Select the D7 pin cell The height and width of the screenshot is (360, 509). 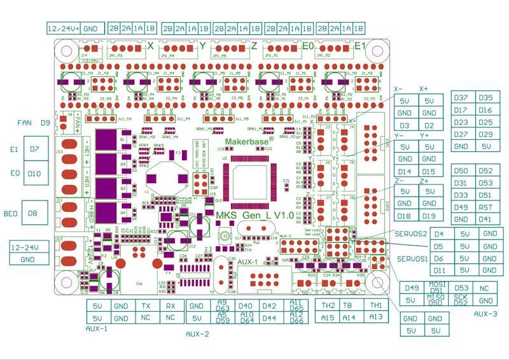pos(34,149)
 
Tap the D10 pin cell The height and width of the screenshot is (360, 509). pos(34,174)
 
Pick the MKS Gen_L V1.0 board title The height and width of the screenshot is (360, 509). pos(255,216)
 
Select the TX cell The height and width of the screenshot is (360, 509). pos(146,306)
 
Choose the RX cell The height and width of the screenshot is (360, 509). pos(171,306)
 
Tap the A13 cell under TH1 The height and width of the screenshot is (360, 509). pos(376,317)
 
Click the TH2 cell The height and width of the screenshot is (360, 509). pos(328,305)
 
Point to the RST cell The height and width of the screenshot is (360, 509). pos(485,207)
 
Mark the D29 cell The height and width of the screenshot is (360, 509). pos(485,134)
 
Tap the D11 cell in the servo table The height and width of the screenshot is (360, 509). pos(438,271)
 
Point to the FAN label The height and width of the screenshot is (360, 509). pos(25,122)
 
